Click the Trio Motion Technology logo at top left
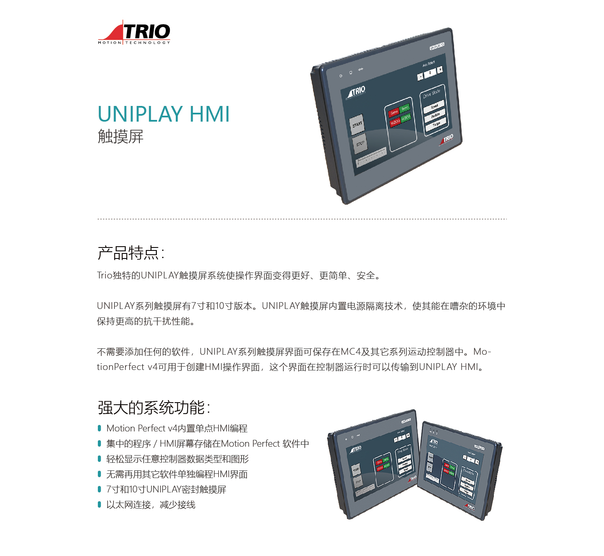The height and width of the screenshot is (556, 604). point(134,32)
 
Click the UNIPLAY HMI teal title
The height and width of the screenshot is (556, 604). point(163,114)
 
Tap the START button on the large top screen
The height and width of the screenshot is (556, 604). point(357,124)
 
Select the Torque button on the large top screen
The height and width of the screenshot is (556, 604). point(436,124)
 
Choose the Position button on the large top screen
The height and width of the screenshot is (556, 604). point(435,115)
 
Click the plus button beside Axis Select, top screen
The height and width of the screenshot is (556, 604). point(440,69)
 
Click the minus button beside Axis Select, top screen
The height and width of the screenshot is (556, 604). point(420,77)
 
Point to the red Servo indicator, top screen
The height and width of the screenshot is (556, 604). point(394,112)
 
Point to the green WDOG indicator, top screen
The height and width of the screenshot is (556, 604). point(406,117)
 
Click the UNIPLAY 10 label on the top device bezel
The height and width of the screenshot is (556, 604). point(437,46)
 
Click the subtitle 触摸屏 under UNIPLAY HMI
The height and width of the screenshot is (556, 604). point(121,136)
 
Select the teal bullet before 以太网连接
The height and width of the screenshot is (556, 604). point(99,504)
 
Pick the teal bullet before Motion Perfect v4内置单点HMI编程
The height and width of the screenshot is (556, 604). point(99,428)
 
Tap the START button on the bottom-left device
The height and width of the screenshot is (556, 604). point(356,470)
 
